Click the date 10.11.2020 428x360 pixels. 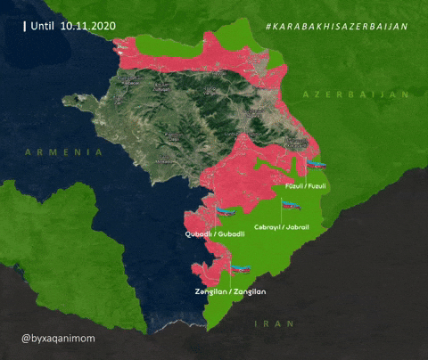tap(89, 27)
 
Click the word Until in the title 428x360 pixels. tap(44, 27)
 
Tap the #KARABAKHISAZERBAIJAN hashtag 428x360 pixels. tap(336, 27)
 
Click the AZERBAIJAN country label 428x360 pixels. tap(355, 94)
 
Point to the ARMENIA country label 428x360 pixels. tap(64, 152)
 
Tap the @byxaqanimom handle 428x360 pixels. tap(58, 340)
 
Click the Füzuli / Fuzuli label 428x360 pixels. tap(306, 185)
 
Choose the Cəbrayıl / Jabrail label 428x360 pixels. tap(282, 227)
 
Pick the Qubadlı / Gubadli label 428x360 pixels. tap(214, 233)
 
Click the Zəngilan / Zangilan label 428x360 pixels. tap(230, 291)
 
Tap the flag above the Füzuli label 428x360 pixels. tap(317, 166)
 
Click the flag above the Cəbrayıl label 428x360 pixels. tap(292, 206)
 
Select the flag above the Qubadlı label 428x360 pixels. tap(226, 212)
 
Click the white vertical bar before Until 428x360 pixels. tap(24, 27)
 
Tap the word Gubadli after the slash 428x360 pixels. tap(230, 233)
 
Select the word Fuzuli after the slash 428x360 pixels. tap(317, 185)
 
